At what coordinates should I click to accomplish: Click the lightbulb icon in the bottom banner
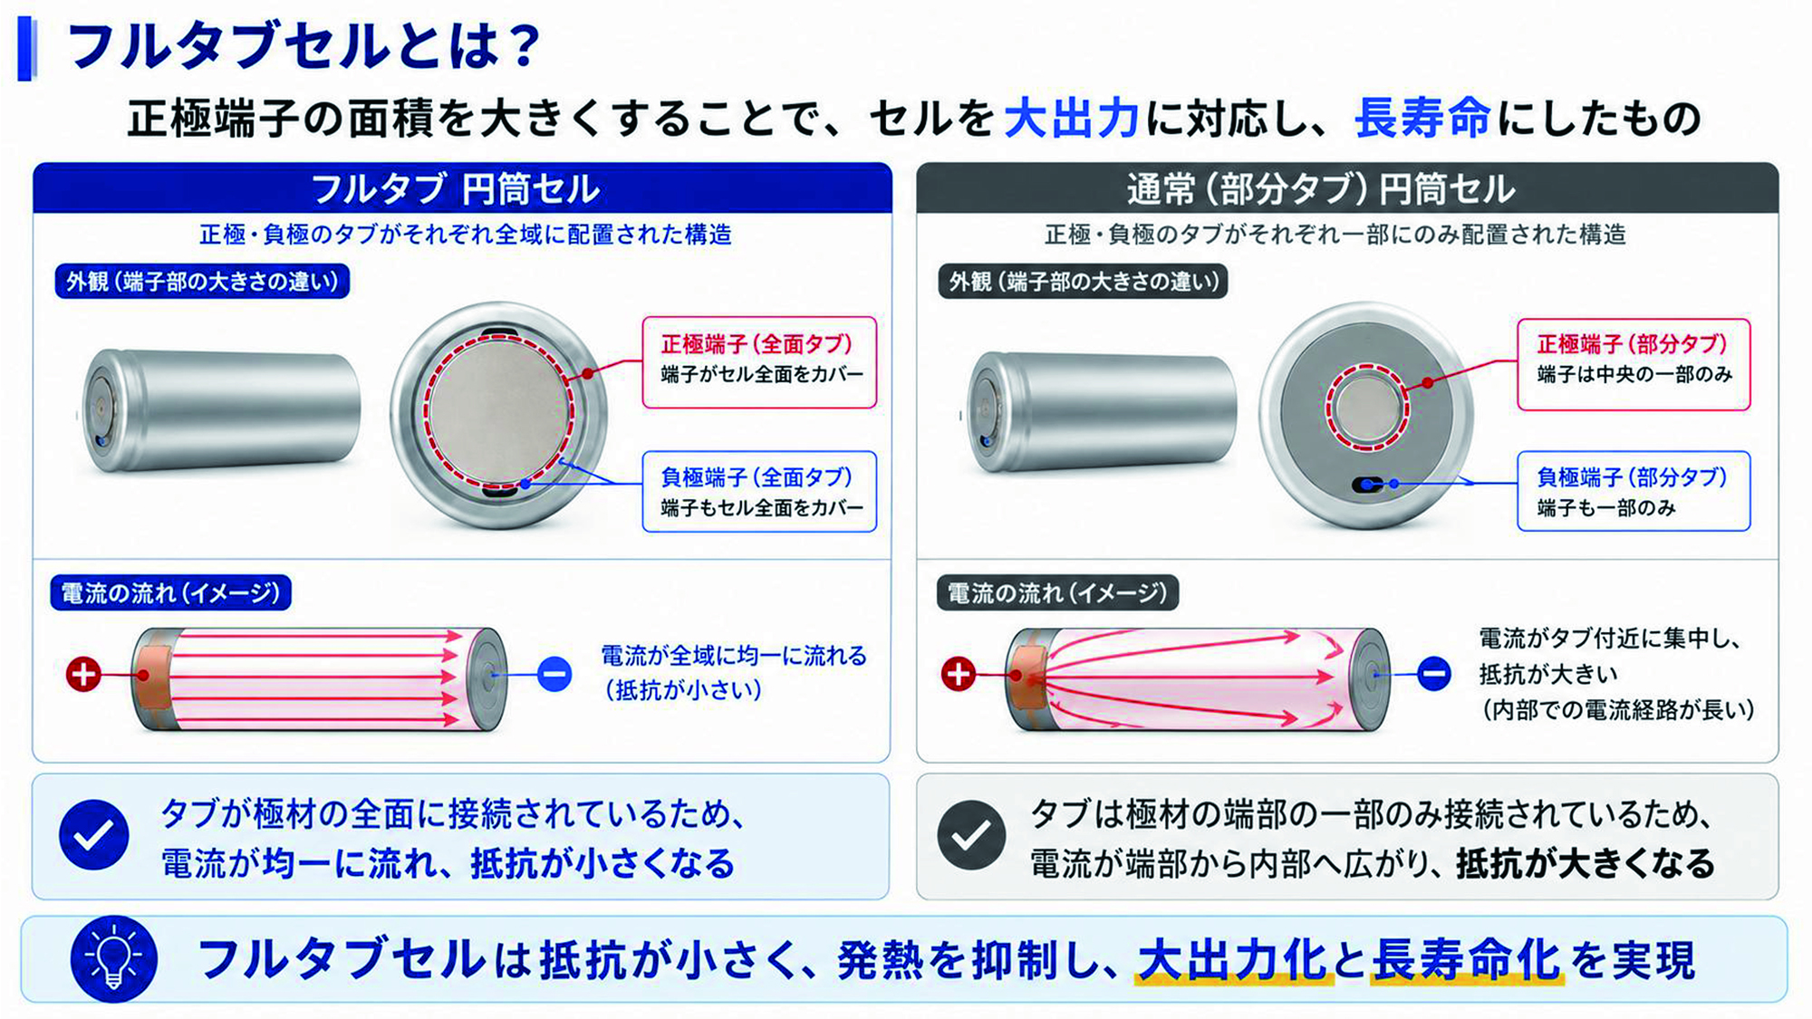113,959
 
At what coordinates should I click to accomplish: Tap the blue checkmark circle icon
93,835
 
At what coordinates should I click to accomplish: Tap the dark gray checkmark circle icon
970,835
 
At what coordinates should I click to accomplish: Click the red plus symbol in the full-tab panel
83,675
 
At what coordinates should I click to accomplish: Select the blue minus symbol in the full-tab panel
554,675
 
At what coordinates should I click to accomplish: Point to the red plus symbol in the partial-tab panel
959,674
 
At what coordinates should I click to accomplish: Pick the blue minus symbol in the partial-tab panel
1433,674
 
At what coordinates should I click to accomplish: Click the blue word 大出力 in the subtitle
1071,119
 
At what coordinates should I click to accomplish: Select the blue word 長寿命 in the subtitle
1422,119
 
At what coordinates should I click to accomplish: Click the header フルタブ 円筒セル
455,189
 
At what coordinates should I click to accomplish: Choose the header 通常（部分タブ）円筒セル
1320,189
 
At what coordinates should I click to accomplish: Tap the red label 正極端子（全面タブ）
757,344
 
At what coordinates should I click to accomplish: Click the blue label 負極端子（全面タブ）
757,477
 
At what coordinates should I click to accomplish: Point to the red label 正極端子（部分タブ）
1632,344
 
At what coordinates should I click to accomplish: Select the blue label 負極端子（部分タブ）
1632,477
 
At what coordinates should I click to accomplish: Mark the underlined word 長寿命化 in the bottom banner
1467,960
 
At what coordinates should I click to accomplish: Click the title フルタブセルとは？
305,46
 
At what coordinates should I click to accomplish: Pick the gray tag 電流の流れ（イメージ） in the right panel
1057,593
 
